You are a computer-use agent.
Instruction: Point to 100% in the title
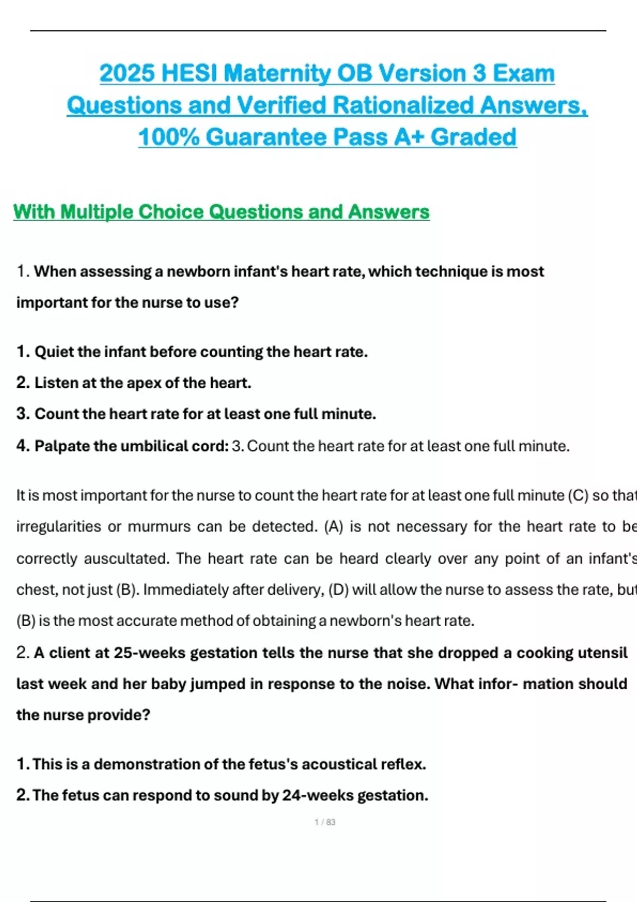(169, 137)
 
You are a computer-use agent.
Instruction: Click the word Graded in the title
(474, 137)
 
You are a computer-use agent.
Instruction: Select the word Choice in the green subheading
(171, 212)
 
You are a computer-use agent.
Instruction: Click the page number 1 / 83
(325, 822)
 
